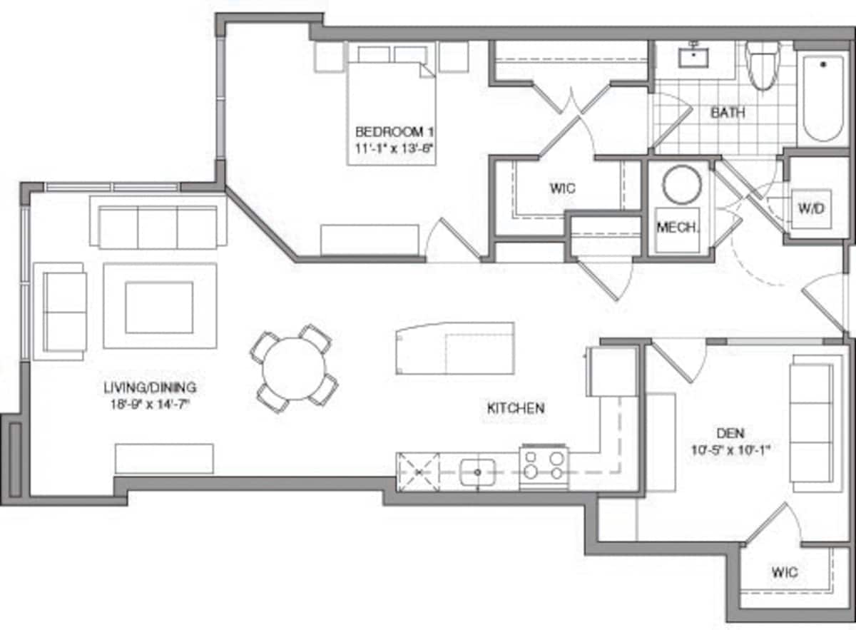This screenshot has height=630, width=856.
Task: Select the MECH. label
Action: [677, 228]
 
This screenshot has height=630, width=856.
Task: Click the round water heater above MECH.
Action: [682, 185]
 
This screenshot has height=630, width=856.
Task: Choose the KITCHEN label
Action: [516, 408]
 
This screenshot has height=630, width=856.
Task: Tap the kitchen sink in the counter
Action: [477, 472]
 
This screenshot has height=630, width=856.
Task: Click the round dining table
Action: [293, 368]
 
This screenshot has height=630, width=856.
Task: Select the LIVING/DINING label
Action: [150, 388]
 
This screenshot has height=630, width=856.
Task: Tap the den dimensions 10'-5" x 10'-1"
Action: [732, 449]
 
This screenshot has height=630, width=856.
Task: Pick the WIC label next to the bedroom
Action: [562, 189]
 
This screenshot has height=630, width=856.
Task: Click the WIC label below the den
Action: [784, 572]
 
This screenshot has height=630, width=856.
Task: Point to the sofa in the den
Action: [812, 427]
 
